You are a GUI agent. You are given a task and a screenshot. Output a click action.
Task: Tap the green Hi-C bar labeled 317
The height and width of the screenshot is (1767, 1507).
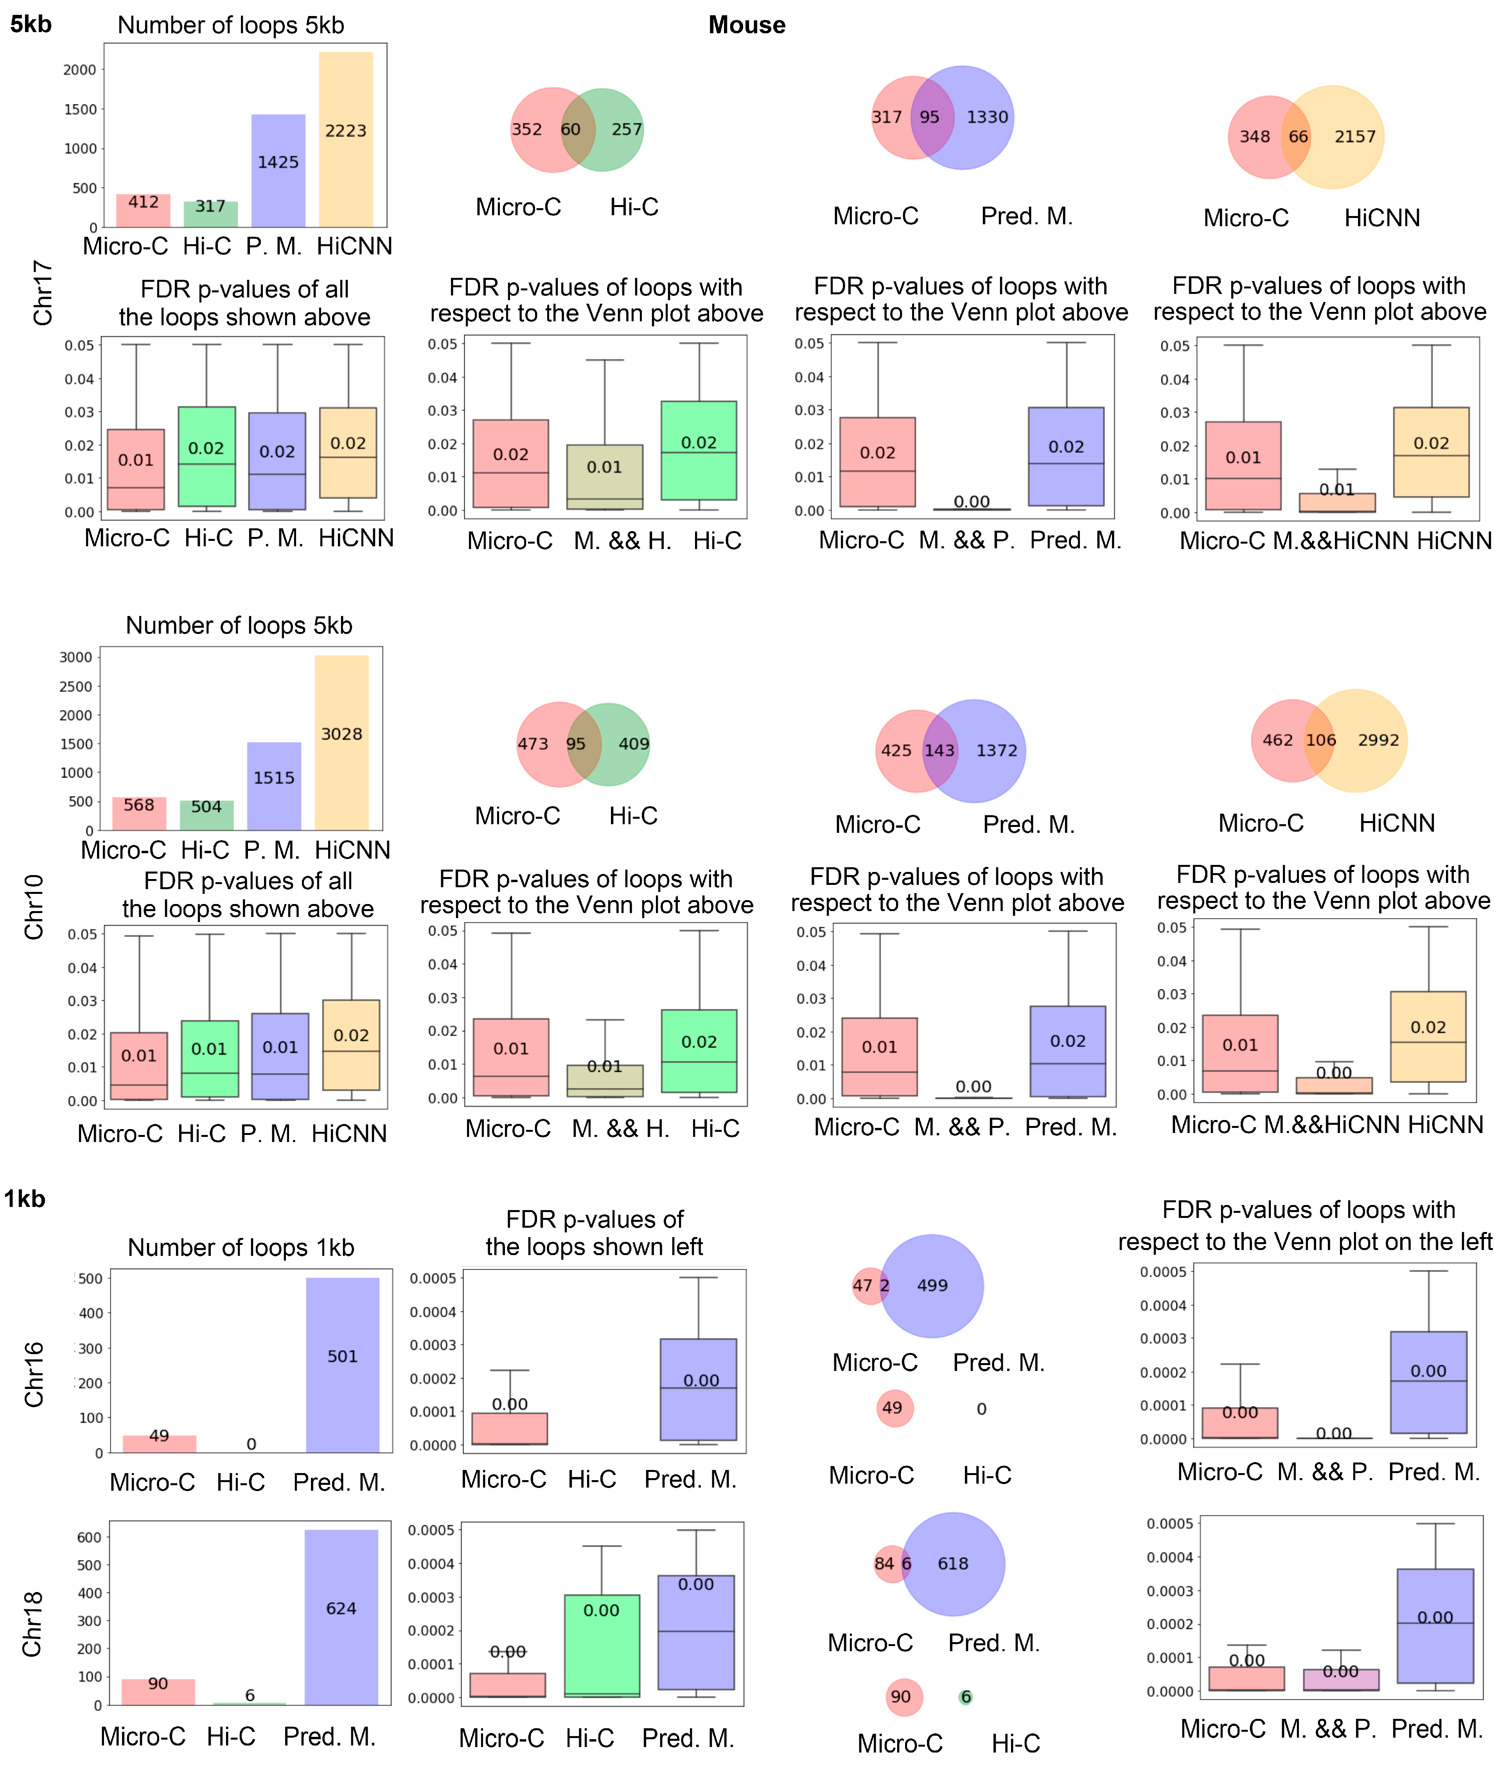tap(210, 213)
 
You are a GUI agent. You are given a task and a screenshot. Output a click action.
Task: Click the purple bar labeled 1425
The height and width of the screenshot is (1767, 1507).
tap(278, 171)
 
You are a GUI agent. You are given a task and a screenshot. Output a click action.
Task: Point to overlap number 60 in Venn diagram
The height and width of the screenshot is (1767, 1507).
tap(570, 130)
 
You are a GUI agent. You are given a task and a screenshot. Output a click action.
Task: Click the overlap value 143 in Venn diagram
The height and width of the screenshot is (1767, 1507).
tap(939, 751)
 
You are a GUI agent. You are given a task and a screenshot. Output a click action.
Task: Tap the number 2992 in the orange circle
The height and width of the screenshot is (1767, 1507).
tap(1378, 740)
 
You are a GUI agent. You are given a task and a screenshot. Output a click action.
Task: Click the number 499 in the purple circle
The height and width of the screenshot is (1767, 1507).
tap(932, 1285)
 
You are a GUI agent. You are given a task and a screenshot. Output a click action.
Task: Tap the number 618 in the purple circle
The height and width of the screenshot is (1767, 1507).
tap(953, 1563)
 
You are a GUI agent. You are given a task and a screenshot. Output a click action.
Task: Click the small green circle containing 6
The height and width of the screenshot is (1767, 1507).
tap(966, 1697)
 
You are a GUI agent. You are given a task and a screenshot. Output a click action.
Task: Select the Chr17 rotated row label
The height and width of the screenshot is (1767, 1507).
tap(43, 292)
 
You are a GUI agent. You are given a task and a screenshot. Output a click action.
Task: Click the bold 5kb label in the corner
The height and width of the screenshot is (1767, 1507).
tap(31, 24)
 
